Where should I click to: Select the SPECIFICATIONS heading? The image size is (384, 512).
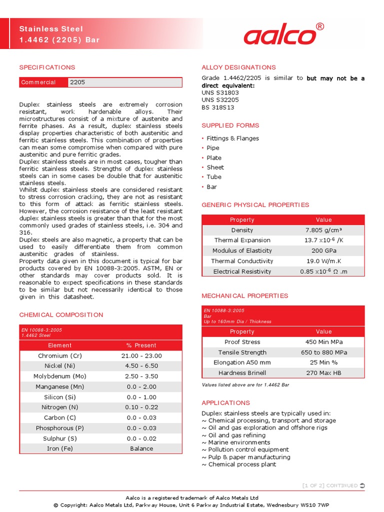47,67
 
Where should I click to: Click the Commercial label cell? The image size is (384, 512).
38,82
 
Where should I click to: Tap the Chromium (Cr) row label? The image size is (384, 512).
59,355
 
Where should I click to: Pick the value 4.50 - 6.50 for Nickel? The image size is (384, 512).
141,366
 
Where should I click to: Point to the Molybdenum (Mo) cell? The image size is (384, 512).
59,376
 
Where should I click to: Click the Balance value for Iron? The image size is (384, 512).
141,448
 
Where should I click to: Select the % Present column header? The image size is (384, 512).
141,345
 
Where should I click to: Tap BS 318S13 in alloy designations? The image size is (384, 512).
217,107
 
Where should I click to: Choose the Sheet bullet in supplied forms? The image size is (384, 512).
215,167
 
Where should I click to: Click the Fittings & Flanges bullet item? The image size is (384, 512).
232,138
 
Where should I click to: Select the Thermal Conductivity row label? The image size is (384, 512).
242,261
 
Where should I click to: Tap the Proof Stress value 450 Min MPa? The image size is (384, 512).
323,342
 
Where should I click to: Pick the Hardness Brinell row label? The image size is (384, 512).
242,373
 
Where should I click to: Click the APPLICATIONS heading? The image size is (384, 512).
225,402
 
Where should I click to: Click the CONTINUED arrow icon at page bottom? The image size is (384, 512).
362,485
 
